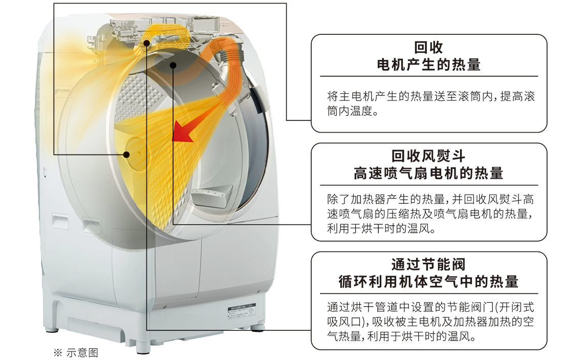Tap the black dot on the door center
(x=126, y=155)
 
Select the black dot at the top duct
(x=146, y=43)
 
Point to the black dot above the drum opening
(x=173, y=65)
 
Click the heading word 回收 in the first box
(x=428, y=48)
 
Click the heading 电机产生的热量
(x=428, y=65)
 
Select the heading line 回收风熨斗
(x=428, y=156)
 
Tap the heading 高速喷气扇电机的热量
(x=428, y=173)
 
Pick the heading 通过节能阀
(x=428, y=265)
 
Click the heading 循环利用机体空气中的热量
(x=428, y=282)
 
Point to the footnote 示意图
(x=82, y=352)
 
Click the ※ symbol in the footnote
(x=58, y=352)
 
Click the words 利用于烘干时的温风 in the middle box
(x=378, y=228)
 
